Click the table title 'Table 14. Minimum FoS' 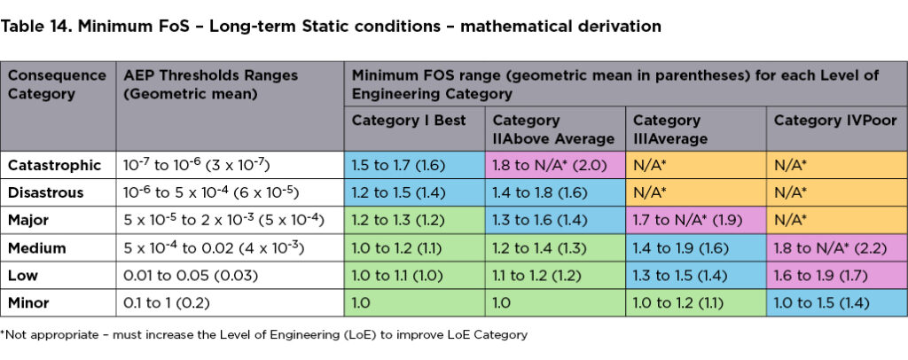coord(332,27)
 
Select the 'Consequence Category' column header coord(57,84)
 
